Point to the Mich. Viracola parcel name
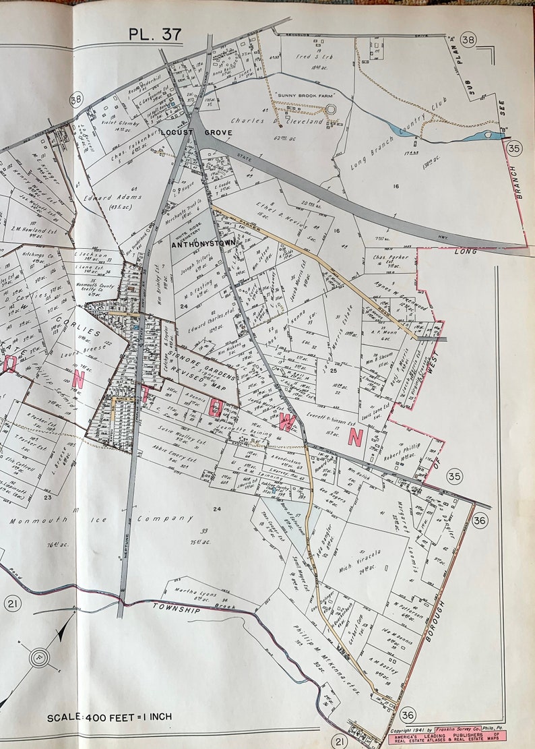pyautogui.click(x=359, y=555)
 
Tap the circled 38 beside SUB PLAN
pyautogui.click(x=468, y=40)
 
